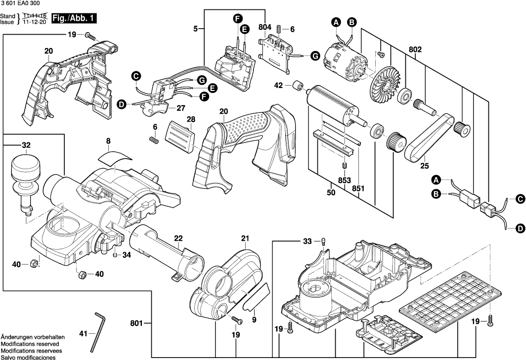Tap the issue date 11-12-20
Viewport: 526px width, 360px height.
point(34,22)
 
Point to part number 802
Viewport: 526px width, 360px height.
point(415,49)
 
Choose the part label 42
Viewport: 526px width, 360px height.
point(278,85)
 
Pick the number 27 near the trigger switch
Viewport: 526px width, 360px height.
point(181,108)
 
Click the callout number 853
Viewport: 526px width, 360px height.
point(344,180)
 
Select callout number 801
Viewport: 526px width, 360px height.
point(136,323)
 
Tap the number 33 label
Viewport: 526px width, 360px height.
point(307,241)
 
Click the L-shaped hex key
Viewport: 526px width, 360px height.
point(97,332)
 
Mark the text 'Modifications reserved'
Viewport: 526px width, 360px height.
point(30,344)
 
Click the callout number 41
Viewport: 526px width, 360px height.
point(83,333)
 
